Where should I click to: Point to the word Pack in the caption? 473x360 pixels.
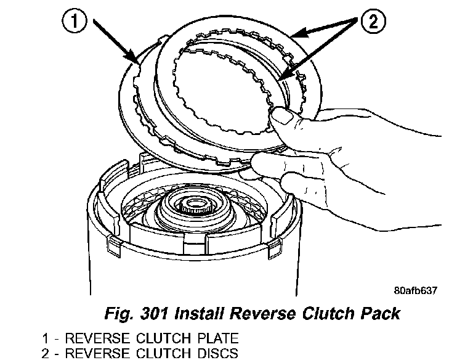click(x=379, y=313)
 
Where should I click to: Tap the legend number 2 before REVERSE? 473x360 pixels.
click(x=45, y=353)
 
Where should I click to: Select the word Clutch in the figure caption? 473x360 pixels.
click(x=326, y=313)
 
